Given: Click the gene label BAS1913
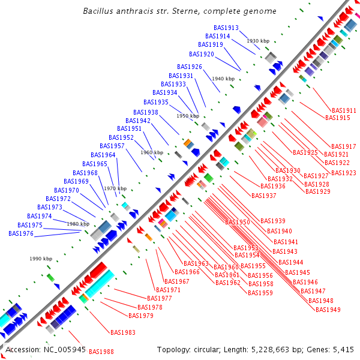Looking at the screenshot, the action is pyautogui.click(x=226, y=28).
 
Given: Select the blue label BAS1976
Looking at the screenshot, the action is pyautogui.click(x=21, y=234).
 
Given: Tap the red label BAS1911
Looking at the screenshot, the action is pyautogui.click(x=344, y=111).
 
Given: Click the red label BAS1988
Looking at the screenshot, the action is pyautogui.click(x=101, y=352).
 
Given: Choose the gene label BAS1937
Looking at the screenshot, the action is pyautogui.click(x=264, y=196).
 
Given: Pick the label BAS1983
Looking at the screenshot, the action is pyautogui.click(x=123, y=332).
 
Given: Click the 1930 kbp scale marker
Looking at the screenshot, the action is pyautogui.click(x=258, y=41).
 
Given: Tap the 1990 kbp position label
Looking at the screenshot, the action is pyautogui.click(x=41, y=259).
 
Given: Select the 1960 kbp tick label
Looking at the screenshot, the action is pyautogui.click(x=151, y=152).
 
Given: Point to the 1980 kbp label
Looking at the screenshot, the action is pyautogui.click(x=78, y=224).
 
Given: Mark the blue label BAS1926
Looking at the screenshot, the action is pyautogui.click(x=190, y=67).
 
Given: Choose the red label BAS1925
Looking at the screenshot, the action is pyautogui.click(x=305, y=153).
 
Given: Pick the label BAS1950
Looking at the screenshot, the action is pyautogui.click(x=238, y=223).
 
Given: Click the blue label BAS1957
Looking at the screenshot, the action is pyautogui.click(x=112, y=146).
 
